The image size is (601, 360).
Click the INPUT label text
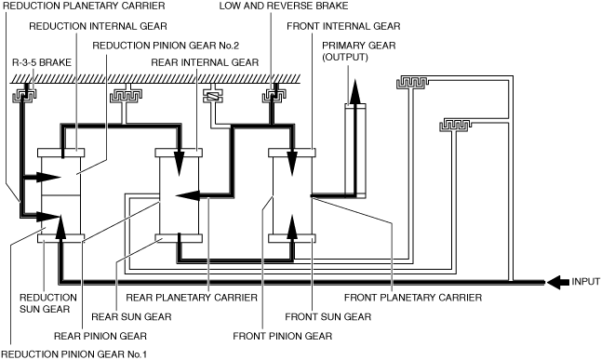pos(585,282)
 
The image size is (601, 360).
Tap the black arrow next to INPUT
pos(557,282)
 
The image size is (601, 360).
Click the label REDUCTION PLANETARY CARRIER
pos(84,7)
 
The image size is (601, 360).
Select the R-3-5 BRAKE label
pos(42,62)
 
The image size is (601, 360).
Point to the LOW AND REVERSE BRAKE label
pos(284,7)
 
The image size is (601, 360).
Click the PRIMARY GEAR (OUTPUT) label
pos(358,51)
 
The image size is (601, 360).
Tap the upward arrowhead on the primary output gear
pos(355,91)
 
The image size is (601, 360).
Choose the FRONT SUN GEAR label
pos(328,316)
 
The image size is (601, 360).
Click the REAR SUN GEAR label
pos(131,316)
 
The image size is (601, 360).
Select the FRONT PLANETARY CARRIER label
pos(413,298)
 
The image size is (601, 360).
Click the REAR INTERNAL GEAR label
pos(205,62)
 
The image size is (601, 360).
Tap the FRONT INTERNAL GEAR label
pos(343,26)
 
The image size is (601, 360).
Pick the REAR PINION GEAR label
pos(100,336)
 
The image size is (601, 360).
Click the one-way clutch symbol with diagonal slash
pos(213,96)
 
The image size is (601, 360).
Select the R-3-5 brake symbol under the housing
pos(24,94)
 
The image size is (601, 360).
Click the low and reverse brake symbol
pos(274,95)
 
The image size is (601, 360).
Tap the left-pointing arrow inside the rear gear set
pos(187,195)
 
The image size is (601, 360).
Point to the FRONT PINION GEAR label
pos(283,336)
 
